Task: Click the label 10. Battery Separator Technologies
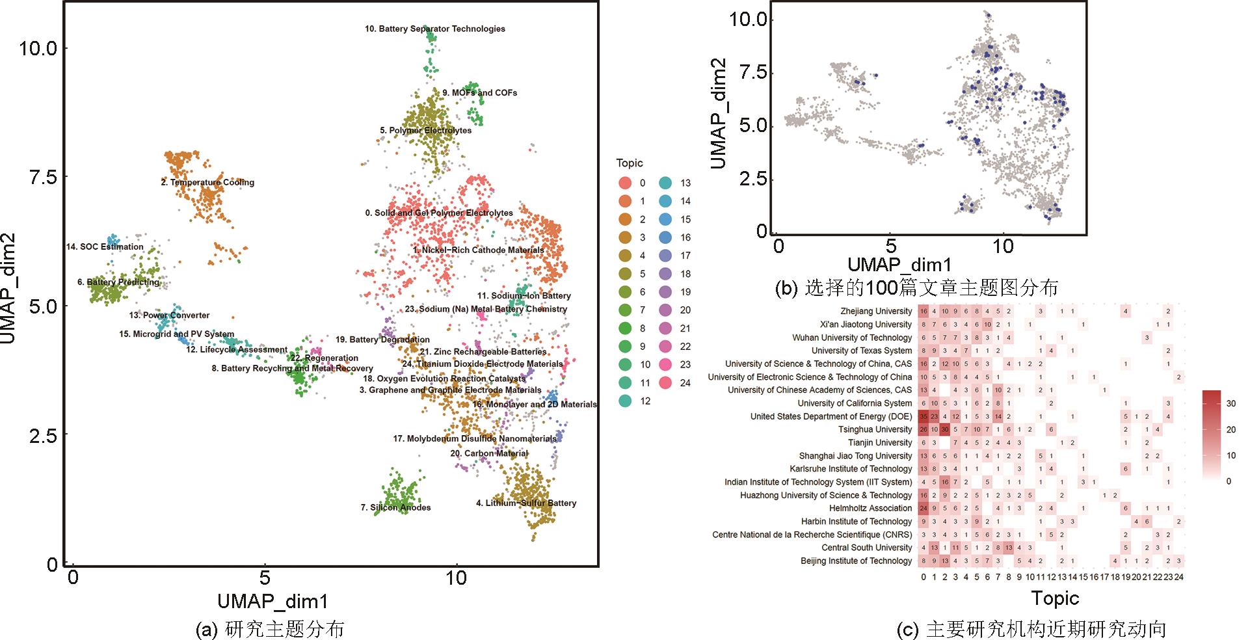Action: click(434, 29)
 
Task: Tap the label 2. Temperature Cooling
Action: click(207, 183)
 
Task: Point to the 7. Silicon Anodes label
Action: click(395, 507)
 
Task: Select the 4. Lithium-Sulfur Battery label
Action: click(526, 503)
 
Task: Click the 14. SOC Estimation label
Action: click(105, 247)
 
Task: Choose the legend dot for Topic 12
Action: click(624, 401)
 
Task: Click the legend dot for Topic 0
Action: click(624, 183)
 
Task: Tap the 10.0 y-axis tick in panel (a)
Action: click(39, 48)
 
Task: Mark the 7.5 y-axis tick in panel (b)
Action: click(749, 72)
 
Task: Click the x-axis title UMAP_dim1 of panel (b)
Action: click(899, 264)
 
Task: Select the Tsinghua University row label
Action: click(875, 429)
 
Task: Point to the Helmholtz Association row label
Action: click(870, 508)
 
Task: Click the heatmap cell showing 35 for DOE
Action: click(924, 416)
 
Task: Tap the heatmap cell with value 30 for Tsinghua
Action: click(945, 429)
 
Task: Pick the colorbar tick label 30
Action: click(1230, 403)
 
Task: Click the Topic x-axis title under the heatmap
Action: click(1054, 598)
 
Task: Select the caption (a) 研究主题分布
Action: click(269, 629)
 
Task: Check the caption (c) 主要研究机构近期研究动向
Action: click(1031, 629)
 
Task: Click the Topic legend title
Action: click(629, 163)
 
